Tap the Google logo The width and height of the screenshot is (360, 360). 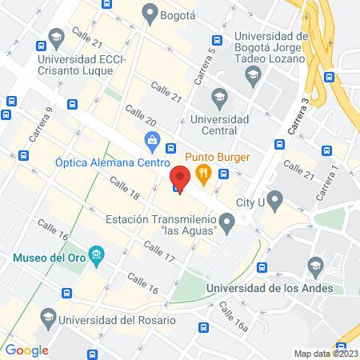(x=27, y=350)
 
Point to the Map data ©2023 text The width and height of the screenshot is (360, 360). (x=325, y=353)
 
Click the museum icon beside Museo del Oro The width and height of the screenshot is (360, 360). (x=97, y=256)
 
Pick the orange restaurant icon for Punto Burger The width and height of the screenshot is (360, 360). (x=204, y=170)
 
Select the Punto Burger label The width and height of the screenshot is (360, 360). (x=218, y=156)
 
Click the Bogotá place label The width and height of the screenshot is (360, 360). (x=173, y=14)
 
